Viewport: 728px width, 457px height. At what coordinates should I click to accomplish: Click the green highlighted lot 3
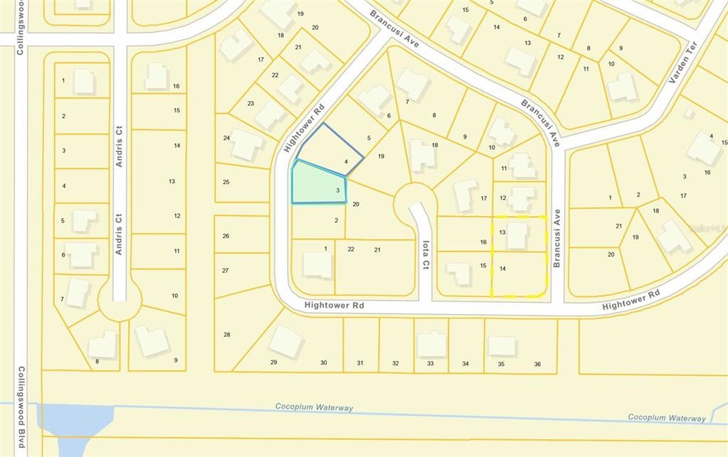[x=318, y=183]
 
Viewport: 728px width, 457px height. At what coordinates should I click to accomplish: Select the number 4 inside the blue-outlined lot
[x=346, y=162]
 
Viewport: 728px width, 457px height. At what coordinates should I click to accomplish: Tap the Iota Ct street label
[x=426, y=253]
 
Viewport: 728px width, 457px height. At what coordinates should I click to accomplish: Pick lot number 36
[x=537, y=364]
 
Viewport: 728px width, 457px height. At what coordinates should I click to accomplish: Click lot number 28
[x=227, y=334]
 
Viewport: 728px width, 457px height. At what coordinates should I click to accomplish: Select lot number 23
[x=250, y=103]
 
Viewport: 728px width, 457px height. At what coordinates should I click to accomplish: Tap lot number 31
[x=360, y=363]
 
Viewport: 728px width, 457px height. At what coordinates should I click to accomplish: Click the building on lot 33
[x=431, y=344]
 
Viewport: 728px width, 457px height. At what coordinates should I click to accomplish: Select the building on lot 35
[x=502, y=345]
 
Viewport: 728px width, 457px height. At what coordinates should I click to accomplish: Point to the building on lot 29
[x=285, y=342]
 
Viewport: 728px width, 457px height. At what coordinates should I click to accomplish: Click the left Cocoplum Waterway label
[x=314, y=407]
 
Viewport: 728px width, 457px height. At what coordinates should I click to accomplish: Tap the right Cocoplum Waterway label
[x=667, y=417]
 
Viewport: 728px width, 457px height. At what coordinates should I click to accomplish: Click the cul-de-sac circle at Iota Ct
[x=415, y=203]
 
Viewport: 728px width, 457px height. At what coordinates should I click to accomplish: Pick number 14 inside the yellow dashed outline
[x=502, y=269]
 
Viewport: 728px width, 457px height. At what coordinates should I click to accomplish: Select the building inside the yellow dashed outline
[x=517, y=235]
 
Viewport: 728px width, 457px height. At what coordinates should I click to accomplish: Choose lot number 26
[x=226, y=236]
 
